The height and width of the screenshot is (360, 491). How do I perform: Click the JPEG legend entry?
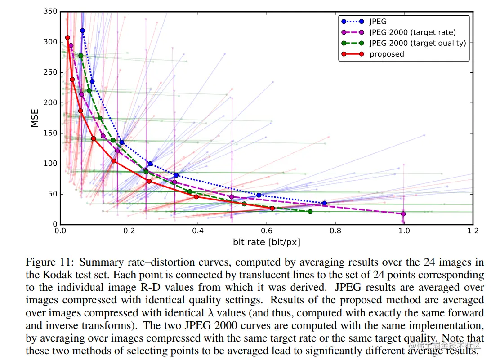pos(378,22)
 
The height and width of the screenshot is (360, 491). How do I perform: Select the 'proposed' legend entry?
pos(387,54)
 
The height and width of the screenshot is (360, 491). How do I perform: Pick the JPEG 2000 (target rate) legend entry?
pos(412,32)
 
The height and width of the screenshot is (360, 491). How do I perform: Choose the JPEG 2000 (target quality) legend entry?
pos(418,43)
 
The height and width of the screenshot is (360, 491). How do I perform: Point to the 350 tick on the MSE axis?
pos(51,12)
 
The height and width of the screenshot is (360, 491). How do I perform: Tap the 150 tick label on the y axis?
pos(51,133)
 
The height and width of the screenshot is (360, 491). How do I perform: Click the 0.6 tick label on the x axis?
pos(267,231)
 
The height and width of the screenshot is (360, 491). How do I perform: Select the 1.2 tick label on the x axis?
pos(473,231)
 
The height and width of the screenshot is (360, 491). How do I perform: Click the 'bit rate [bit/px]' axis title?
pos(267,242)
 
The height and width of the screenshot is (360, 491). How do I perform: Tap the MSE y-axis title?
pos(35,118)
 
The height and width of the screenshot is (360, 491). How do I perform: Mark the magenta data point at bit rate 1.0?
pos(403,214)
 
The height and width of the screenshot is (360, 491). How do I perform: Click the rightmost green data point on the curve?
pos(310,212)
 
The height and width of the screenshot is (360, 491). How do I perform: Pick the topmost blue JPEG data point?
pos(83,31)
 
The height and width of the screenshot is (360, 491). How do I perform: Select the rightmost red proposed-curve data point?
pos(272,208)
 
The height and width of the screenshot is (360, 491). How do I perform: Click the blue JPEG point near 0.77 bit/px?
pos(324,203)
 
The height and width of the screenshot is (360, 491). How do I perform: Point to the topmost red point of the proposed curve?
pos(67,38)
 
